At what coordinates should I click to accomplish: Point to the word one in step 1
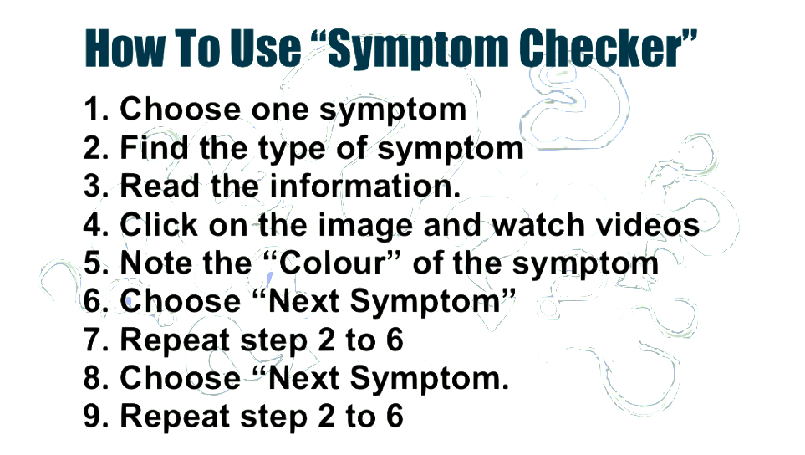pos(280,110)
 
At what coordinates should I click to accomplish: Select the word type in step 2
pos(292,150)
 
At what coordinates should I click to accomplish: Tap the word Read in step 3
pos(159,186)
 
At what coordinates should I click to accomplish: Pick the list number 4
pos(96,225)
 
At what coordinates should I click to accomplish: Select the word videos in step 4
pos(647,225)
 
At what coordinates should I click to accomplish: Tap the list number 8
pos(96,379)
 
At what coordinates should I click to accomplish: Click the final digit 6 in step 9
pos(395,417)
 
